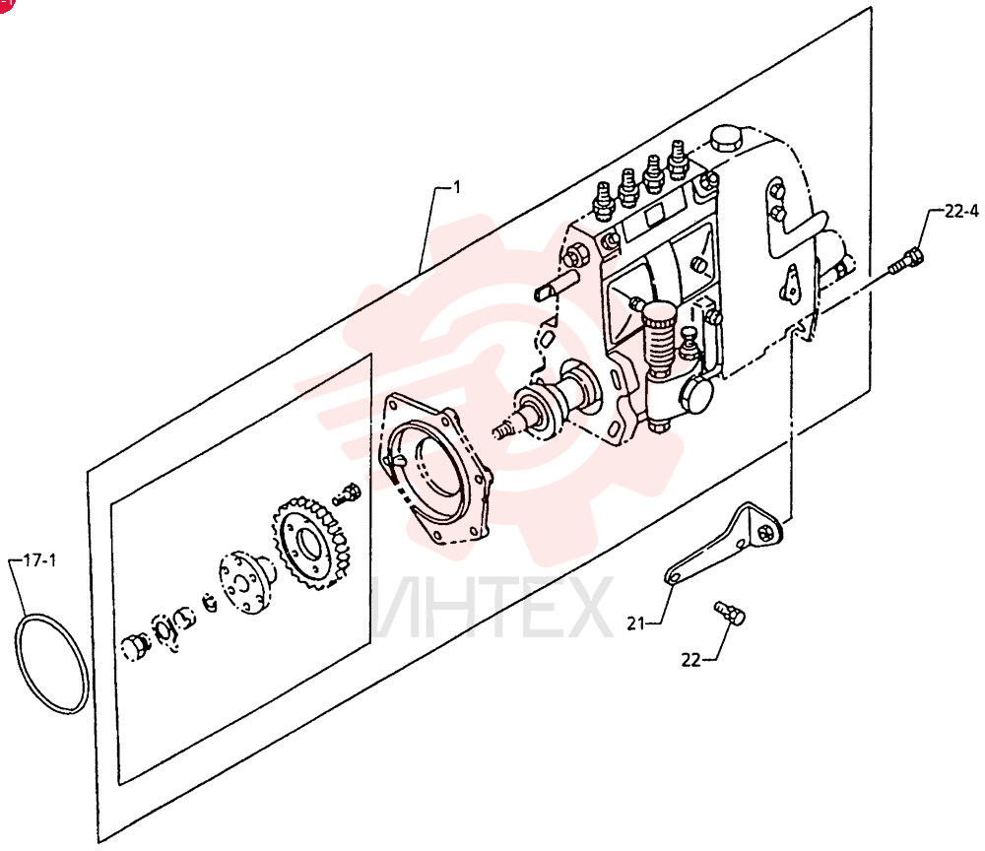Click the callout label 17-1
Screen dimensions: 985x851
point(39,560)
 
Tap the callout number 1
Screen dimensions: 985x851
point(457,187)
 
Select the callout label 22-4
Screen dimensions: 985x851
point(961,212)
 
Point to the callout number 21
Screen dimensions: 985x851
point(635,623)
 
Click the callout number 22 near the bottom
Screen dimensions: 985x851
point(691,660)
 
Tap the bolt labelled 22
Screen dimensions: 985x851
point(730,613)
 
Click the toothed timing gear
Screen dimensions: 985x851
point(311,543)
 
